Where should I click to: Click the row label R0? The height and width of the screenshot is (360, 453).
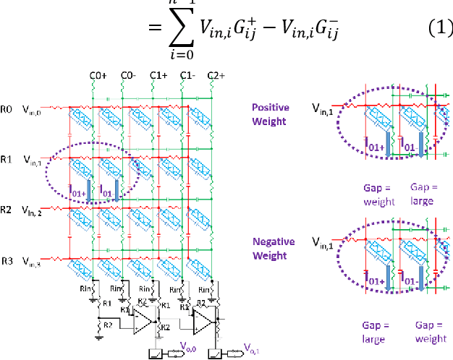[x=7, y=111]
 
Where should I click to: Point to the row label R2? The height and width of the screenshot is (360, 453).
[x=7, y=210]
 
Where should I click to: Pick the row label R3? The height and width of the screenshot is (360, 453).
[x=7, y=260]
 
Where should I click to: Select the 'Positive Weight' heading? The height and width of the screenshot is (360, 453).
[x=270, y=114]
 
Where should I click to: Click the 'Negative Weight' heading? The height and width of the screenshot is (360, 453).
[x=272, y=247]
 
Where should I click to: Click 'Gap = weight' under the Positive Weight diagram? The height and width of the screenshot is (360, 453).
[x=378, y=194]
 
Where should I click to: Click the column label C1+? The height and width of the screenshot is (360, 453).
[x=158, y=74]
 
